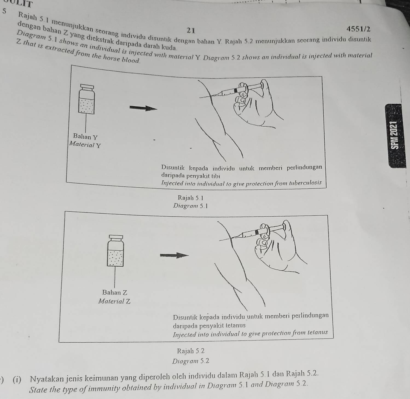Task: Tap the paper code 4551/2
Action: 358,29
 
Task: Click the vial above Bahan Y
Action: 86,99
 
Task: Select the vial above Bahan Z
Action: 115,250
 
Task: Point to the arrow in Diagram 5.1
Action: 144,108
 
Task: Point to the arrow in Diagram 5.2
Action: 174,255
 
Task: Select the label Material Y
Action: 85,144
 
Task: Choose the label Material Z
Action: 114,301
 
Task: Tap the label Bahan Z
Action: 115,292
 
